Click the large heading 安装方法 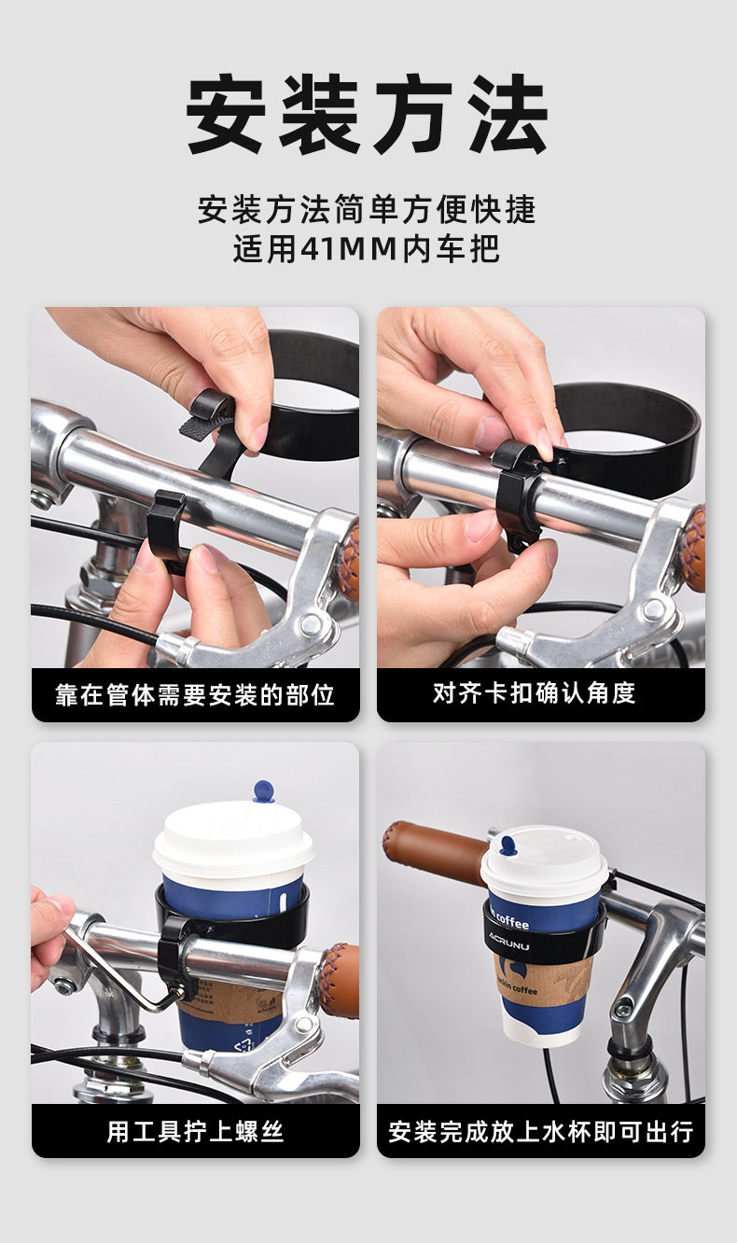pyautogui.click(x=368, y=114)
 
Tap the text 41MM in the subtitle pyautogui.click(x=349, y=248)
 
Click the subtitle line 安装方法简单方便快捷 pyautogui.click(x=368, y=209)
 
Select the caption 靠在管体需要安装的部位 pyautogui.click(x=195, y=694)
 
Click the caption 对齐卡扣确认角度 pyautogui.click(x=534, y=692)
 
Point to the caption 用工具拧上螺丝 pyautogui.click(x=195, y=1131)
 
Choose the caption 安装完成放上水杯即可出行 pyautogui.click(x=541, y=1131)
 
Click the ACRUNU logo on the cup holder pyautogui.click(x=509, y=940)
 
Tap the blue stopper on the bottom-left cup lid pyautogui.click(x=263, y=790)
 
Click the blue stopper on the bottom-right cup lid pyautogui.click(x=508, y=845)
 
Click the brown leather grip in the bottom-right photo pyautogui.click(x=436, y=850)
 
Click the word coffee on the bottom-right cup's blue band pyautogui.click(x=511, y=921)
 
